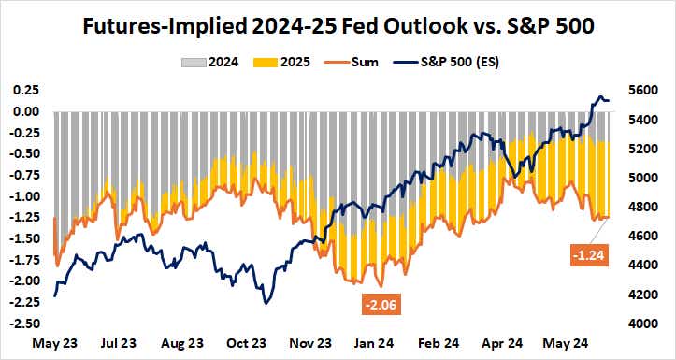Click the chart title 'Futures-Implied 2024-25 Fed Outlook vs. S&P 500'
(338, 26)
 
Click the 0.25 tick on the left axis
(25, 90)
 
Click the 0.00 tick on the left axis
(25, 111)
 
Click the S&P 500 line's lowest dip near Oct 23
(267, 303)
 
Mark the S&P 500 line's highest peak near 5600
(601, 96)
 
